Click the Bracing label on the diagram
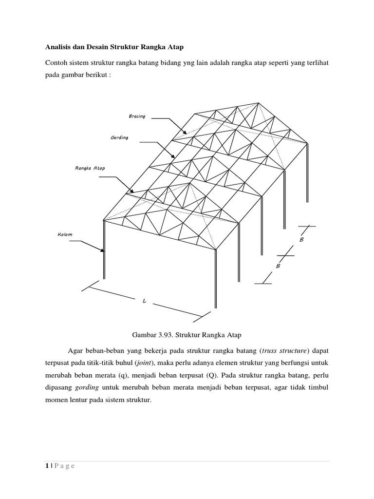[x=137, y=116]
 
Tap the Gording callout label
[x=119, y=138]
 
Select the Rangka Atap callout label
[x=90, y=169]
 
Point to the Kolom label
[x=65, y=235]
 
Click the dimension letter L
[x=144, y=302]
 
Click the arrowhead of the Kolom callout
[x=102, y=250]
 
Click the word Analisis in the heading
[x=57, y=47]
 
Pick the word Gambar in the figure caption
[x=144, y=335]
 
